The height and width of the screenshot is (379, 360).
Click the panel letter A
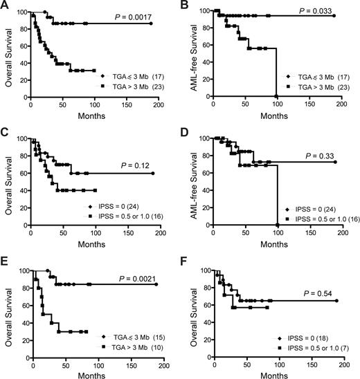(x=6, y=6)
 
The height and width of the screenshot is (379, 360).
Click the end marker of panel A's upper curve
(x=151, y=24)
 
